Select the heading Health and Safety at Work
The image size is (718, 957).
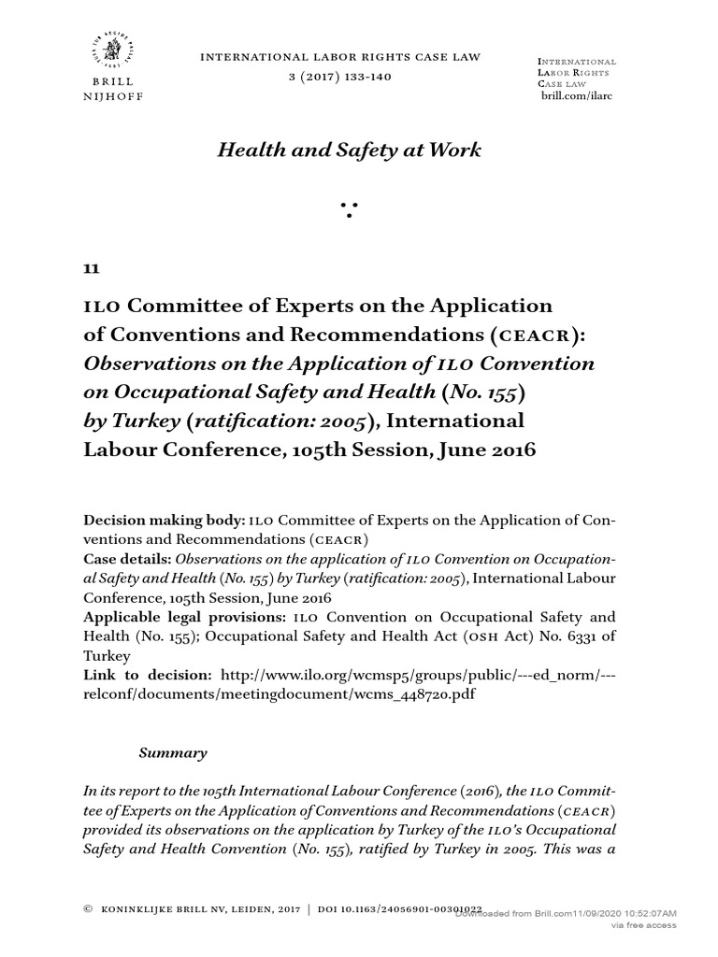tap(350, 150)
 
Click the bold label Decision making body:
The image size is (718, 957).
tap(165, 519)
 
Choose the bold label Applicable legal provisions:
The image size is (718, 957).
tap(185, 618)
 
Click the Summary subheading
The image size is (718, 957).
tap(173, 752)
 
